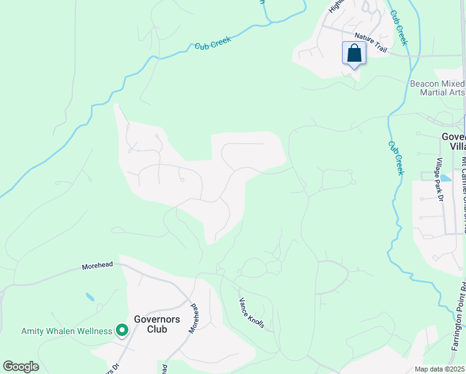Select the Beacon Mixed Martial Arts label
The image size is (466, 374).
(x=437, y=88)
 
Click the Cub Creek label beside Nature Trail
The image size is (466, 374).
(x=398, y=27)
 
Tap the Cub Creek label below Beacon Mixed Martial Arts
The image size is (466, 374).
(x=395, y=158)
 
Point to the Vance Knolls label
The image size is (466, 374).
(x=252, y=313)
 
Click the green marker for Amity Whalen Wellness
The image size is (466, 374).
(x=122, y=330)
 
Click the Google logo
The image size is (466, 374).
(x=21, y=367)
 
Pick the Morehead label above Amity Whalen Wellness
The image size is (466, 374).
(x=97, y=266)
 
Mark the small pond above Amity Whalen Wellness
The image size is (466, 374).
(x=90, y=297)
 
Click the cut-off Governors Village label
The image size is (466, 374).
(x=453, y=141)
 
